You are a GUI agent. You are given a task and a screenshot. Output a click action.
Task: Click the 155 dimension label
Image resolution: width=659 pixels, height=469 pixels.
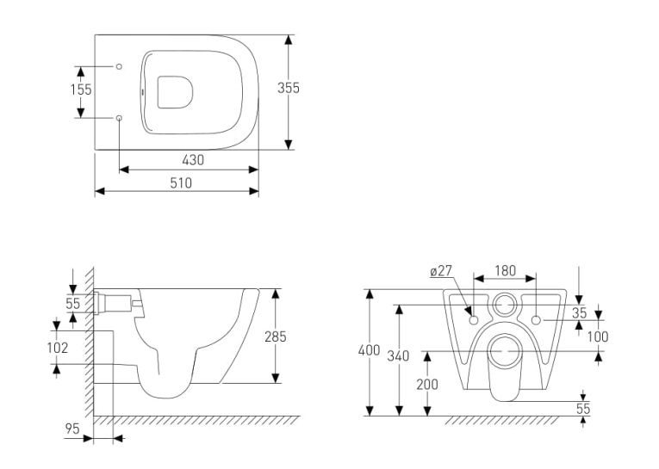click(x=81, y=89)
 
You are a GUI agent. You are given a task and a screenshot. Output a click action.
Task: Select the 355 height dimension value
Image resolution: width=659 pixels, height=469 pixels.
click(x=289, y=88)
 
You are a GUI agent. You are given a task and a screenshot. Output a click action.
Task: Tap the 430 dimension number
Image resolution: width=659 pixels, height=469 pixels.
click(x=193, y=160)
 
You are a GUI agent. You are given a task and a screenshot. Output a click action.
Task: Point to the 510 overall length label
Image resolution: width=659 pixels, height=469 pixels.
click(x=181, y=182)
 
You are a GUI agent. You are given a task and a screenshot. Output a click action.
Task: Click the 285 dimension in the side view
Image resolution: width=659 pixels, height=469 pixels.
click(x=276, y=336)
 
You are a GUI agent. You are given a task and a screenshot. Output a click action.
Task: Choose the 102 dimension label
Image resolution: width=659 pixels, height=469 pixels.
click(x=58, y=348)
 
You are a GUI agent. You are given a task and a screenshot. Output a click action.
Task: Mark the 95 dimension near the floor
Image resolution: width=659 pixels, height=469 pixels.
click(x=72, y=429)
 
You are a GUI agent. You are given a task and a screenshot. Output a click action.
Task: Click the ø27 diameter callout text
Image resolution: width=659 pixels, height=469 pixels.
click(x=441, y=271)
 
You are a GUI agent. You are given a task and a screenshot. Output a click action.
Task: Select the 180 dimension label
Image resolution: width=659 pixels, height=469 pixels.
click(x=505, y=271)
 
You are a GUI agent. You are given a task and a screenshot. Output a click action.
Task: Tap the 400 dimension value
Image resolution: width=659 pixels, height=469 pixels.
click(x=369, y=350)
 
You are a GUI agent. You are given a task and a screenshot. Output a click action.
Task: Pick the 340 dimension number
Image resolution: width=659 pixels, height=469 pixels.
click(x=398, y=355)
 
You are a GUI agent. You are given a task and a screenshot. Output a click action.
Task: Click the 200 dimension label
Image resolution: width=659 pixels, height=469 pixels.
click(x=427, y=384)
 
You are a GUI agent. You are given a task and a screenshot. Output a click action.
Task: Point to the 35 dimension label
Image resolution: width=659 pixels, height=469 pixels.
click(x=579, y=312)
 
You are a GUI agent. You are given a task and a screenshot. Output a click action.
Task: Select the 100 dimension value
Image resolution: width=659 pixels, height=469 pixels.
click(x=598, y=336)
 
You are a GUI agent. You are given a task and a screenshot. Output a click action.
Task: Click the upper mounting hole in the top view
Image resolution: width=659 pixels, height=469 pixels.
click(x=119, y=66)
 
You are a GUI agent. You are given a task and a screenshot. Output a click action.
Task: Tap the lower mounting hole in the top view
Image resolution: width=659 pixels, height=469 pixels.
click(x=119, y=118)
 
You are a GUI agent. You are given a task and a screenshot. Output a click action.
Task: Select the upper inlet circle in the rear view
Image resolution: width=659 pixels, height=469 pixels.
click(x=504, y=304)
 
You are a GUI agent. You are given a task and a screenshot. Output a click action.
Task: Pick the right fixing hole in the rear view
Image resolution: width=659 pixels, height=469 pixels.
click(x=536, y=320)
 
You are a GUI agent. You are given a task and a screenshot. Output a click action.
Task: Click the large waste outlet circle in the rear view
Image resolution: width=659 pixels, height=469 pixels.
click(x=505, y=351)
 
